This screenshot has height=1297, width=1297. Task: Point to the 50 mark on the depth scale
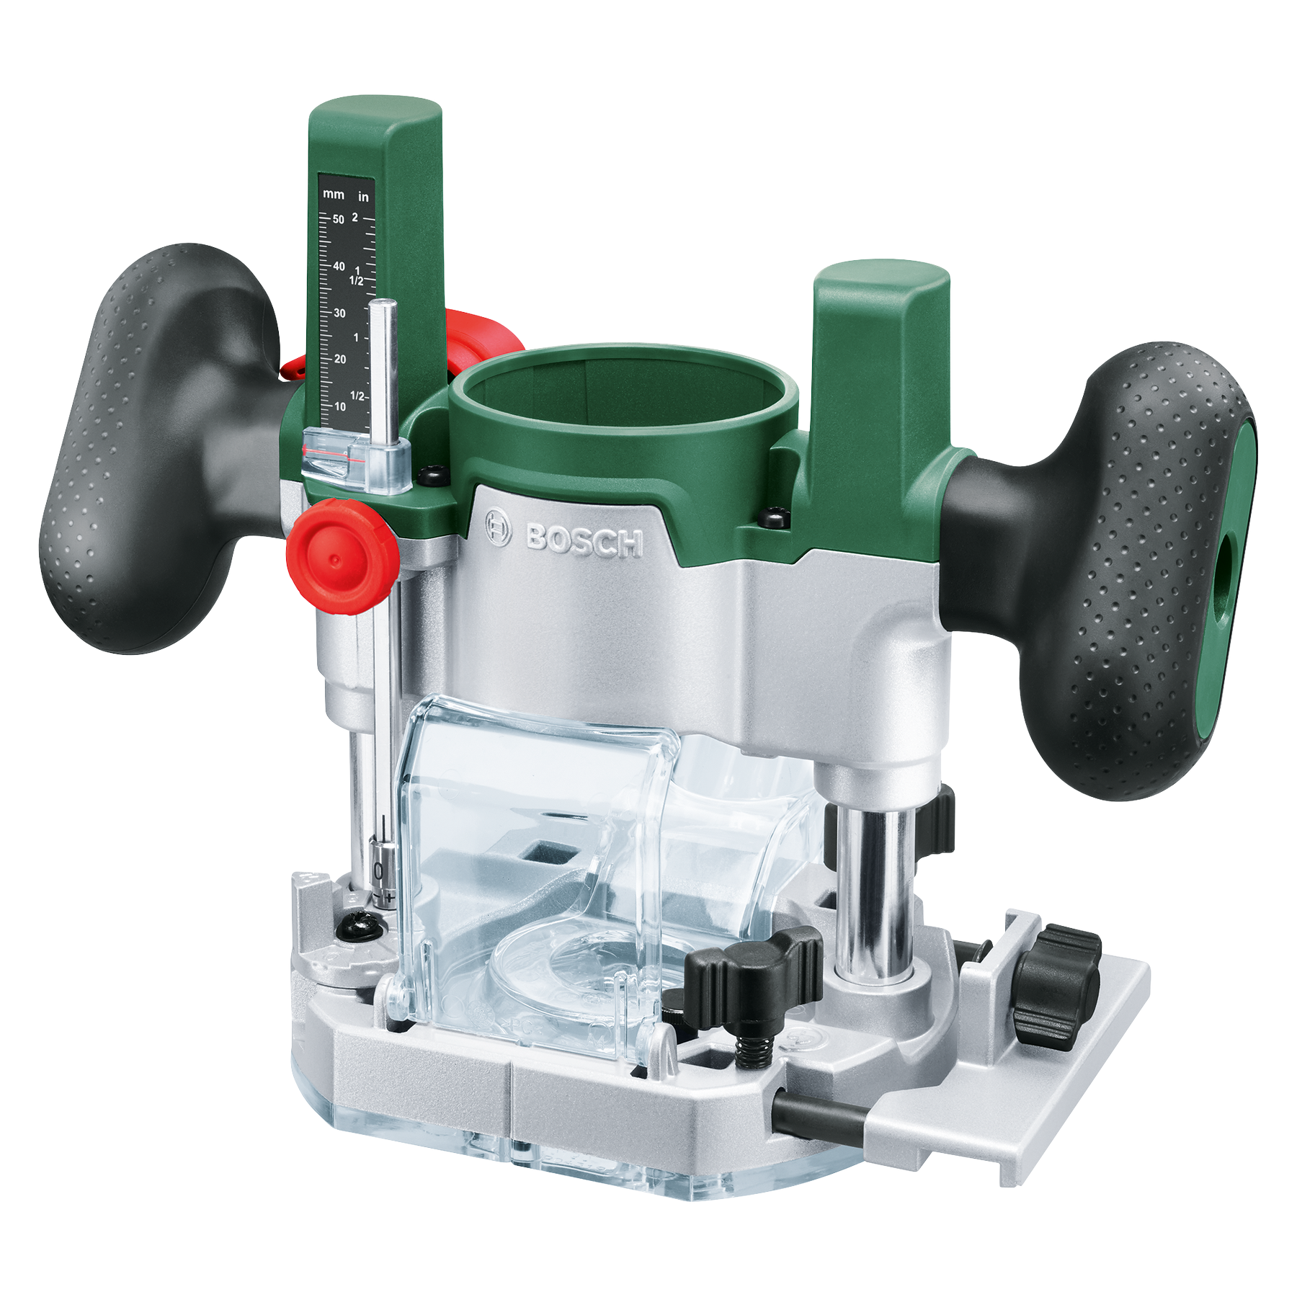(338, 219)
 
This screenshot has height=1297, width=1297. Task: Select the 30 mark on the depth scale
(339, 313)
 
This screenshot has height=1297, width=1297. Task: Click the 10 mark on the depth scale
(340, 406)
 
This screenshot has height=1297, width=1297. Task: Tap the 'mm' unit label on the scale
(334, 195)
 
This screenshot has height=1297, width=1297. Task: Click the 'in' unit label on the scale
(363, 196)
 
